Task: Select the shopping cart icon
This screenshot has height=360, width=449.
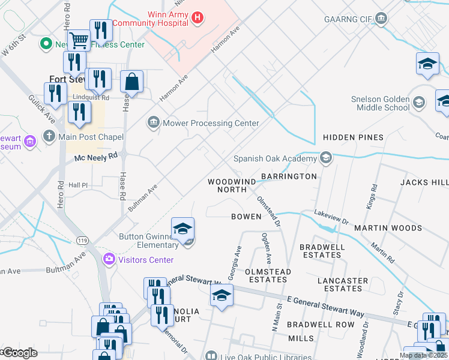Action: [x=78, y=41]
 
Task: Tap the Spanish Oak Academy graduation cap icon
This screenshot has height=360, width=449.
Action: [x=325, y=158]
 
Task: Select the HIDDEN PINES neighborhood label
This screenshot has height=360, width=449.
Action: [x=353, y=137]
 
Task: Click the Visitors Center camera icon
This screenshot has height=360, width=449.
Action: [x=109, y=260]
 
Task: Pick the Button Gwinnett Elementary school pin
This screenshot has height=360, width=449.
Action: [x=182, y=229]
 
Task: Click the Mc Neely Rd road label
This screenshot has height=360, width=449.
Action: [x=95, y=155]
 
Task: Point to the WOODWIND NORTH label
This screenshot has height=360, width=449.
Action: [x=228, y=185]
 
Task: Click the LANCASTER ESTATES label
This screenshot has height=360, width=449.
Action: [x=343, y=284]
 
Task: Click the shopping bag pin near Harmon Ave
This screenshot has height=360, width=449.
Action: [x=132, y=82]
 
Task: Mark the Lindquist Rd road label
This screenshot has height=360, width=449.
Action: [x=91, y=97]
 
